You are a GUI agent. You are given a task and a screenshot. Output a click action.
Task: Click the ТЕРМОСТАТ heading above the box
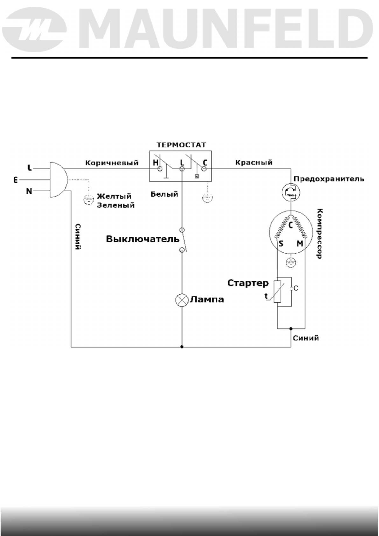181,145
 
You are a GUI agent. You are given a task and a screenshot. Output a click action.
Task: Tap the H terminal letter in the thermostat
156,163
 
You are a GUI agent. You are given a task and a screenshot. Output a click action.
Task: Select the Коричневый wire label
112,163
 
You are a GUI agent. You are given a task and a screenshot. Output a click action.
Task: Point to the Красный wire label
254,162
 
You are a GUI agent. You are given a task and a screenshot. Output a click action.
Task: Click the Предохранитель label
329,179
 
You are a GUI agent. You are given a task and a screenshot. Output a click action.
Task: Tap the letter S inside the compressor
281,244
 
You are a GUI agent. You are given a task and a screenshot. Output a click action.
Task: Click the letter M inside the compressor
300,244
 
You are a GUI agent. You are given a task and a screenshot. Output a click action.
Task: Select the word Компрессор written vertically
320,234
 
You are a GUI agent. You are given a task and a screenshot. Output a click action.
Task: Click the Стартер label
248,283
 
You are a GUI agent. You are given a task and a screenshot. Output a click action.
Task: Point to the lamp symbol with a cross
182,300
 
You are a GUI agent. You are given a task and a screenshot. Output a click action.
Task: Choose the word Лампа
207,300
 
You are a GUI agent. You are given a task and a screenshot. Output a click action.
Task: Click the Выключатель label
143,239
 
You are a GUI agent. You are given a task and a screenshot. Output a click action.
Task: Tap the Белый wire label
164,194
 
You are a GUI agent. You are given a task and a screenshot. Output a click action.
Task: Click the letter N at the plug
29,191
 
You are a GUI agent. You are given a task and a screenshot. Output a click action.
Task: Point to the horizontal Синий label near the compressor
306,338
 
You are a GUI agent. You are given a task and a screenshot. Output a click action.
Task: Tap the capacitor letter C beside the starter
296,288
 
